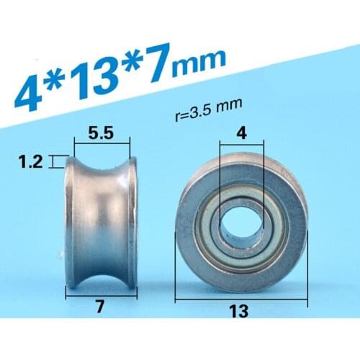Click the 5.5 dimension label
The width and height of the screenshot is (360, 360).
[101, 132]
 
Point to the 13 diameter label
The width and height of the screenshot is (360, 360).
[240, 311]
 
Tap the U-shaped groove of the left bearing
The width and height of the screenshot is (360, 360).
[101, 216]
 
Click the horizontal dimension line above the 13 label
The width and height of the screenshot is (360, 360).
[240, 296]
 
